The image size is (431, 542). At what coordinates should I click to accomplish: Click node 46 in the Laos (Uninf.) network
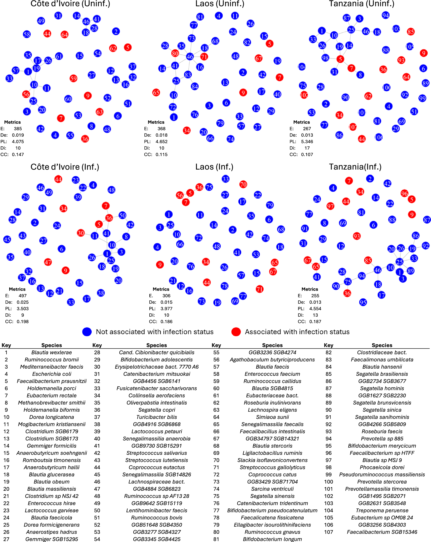tap(190, 57)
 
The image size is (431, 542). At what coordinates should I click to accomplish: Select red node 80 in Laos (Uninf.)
tap(175, 53)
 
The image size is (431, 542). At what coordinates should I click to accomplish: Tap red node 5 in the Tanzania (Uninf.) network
tap(340, 59)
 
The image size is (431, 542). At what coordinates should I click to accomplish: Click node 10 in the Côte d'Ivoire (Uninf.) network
tap(34, 85)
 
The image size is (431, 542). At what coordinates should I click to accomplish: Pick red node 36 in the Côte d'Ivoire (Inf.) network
tap(109, 218)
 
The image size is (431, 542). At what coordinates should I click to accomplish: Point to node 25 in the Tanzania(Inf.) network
tap(399, 262)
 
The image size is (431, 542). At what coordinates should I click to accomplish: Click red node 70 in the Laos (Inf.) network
tap(243, 184)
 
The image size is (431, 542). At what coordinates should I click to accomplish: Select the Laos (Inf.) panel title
tap(214, 167)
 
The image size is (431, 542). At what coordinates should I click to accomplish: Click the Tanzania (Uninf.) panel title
tap(361, 4)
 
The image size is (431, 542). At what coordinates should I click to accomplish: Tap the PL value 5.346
tap(307, 142)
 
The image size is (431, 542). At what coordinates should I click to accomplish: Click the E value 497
tap(23, 296)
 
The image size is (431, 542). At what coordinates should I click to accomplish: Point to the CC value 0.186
tap(166, 322)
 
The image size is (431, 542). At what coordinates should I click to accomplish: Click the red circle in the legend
tap(236, 332)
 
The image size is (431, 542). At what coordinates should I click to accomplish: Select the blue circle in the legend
tap(87, 332)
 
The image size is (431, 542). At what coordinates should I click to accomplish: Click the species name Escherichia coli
tap(52, 374)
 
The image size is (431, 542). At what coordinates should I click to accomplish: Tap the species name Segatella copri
tap(157, 410)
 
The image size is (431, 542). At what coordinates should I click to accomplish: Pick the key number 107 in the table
tap(328, 532)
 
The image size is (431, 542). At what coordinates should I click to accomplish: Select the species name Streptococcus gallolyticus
tap(272, 467)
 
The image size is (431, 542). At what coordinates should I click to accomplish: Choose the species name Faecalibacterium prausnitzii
tap(52, 381)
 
